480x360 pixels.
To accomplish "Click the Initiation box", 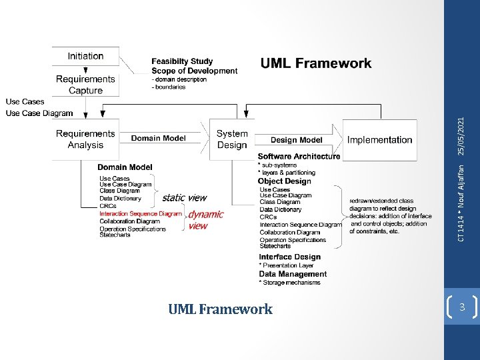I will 85,57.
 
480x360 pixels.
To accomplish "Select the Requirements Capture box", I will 85,85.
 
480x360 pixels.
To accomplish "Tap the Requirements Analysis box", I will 85,139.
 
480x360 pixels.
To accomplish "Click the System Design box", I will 231,139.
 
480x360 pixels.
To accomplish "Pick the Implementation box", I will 379,140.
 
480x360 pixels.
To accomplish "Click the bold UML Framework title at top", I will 316,64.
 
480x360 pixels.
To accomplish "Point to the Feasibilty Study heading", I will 182,62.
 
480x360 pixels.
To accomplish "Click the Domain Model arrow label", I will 158,138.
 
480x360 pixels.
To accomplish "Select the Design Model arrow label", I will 297,140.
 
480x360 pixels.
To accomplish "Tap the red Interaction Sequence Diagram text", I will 141,214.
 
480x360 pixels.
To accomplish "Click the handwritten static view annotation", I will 184,197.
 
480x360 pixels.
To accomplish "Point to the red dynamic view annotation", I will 205,219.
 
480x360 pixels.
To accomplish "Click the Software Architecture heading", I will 299,157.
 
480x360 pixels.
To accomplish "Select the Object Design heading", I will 284,181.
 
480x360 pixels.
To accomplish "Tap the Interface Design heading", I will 289,257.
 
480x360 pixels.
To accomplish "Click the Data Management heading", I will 293,274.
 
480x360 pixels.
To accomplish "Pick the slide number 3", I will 461,307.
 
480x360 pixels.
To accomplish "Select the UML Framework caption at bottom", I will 220,309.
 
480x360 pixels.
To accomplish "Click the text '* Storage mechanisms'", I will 289,283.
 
